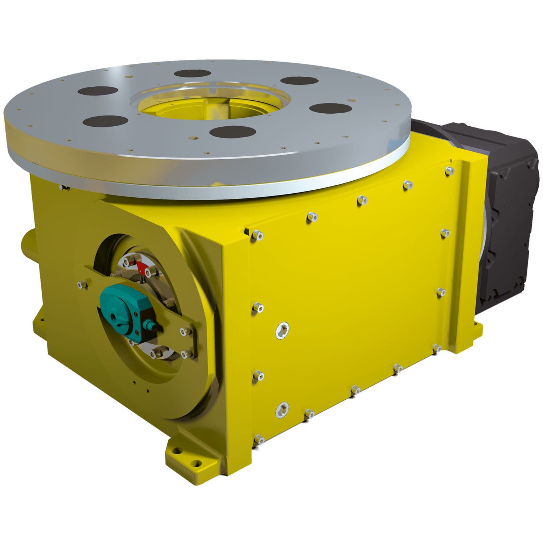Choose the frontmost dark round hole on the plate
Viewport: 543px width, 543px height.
tap(230, 131)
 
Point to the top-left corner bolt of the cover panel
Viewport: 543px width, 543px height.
tap(258, 235)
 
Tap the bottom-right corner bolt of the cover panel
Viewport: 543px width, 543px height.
tap(437, 348)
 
